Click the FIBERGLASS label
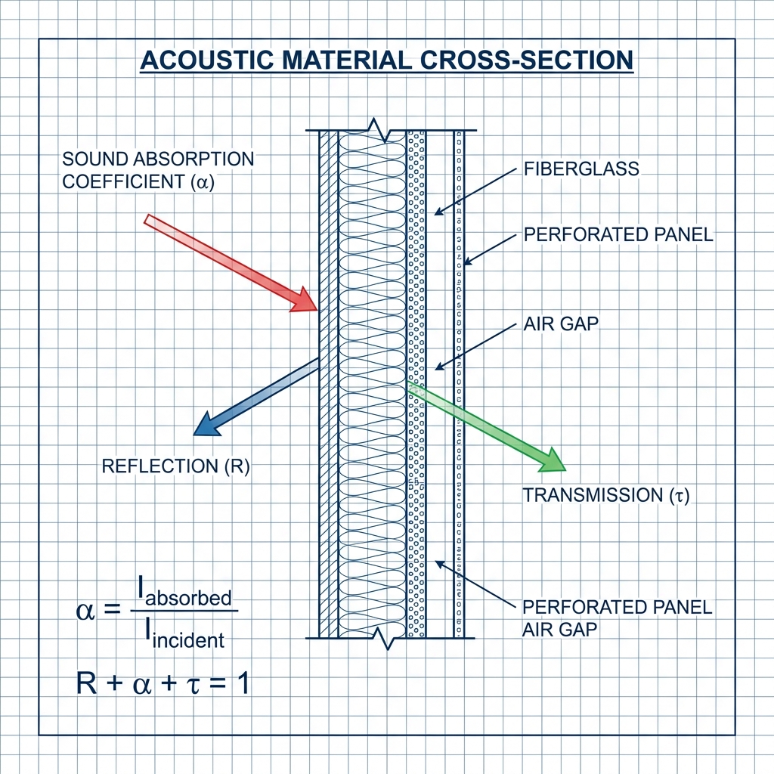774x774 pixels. point(581,169)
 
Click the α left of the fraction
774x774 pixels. point(86,611)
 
